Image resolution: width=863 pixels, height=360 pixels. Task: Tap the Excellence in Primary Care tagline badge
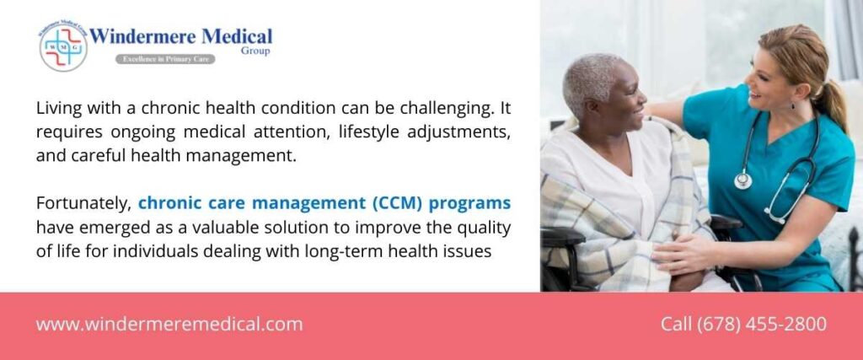pyautogui.click(x=165, y=59)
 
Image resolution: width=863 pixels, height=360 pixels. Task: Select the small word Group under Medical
pyautogui.click(x=255, y=51)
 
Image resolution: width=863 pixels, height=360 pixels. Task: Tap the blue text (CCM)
pyautogui.click(x=398, y=203)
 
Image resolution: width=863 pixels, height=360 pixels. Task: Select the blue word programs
pyautogui.click(x=470, y=204)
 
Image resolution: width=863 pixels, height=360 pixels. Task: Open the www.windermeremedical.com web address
pyautogui.click(x=169, y=325)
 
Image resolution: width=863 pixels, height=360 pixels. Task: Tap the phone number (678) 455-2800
pyautogui.click(x=762, y=324)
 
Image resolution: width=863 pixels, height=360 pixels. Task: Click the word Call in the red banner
pyautogui.click(x=677, y=324)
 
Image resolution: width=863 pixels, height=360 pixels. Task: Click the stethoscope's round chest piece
pyautogui.click(x=743, y=180)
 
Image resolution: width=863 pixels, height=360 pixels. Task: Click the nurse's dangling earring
pyautogui.click(x=793, y=105)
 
